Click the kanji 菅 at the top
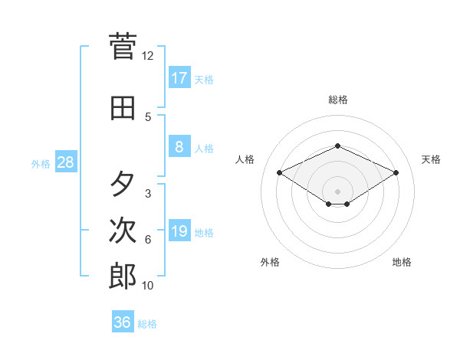[x=123, y=47]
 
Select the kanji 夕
[x=123, y=185]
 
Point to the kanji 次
[x=123, y=231]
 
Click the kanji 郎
[x=123, y=277]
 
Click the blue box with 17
[x=179, y=78]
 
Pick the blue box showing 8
[x=179, y=148]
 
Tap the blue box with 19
[x=179, y=232]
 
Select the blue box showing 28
[x=65, y=162]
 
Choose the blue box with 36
[x=123, y=322]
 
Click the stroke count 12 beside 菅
[x=148, y=55]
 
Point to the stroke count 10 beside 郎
[x=148, y=285]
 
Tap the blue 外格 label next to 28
[x=40, y=163]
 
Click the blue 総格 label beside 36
[x=147, y=324]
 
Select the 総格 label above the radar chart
[x=337, y=100]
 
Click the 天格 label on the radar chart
[x=431, y=159]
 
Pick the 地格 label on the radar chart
[x=402, y=262]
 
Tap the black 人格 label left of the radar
[x=245, y=159]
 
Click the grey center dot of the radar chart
[x=337, y=191]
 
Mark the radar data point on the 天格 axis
[x=396, y=172]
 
